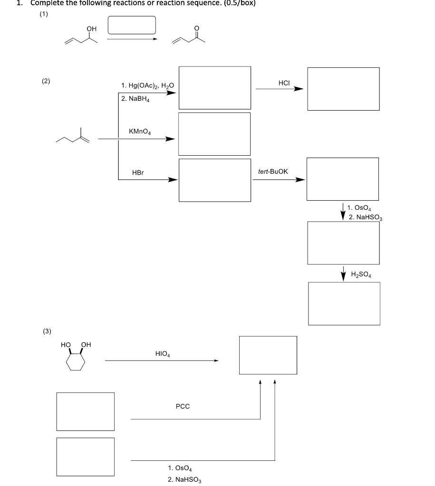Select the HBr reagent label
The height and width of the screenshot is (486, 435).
click(138, 173)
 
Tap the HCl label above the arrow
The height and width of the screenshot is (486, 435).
click(284, 83)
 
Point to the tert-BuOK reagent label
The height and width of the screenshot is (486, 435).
click(273, 171)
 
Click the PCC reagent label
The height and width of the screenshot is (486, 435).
click(183, 406)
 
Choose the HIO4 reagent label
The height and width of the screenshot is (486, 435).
click(163, 354)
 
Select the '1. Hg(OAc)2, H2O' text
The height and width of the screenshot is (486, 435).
click(148, 86)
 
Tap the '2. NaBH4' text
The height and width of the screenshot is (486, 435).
click(135, 99)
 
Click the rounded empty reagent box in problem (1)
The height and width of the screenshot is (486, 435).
click(132, 25)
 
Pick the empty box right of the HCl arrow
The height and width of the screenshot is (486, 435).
click(343, 89)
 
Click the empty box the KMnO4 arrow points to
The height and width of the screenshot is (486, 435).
click(214, 134)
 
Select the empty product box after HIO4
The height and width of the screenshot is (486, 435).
click(268, 355)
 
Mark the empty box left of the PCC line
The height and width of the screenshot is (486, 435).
click(86, 411)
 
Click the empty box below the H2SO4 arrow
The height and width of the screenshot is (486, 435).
click(344, 303)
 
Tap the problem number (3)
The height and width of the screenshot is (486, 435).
click(47, 331)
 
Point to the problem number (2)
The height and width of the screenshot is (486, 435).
click(46, 81)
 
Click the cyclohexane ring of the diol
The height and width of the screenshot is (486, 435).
click(76, 363)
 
